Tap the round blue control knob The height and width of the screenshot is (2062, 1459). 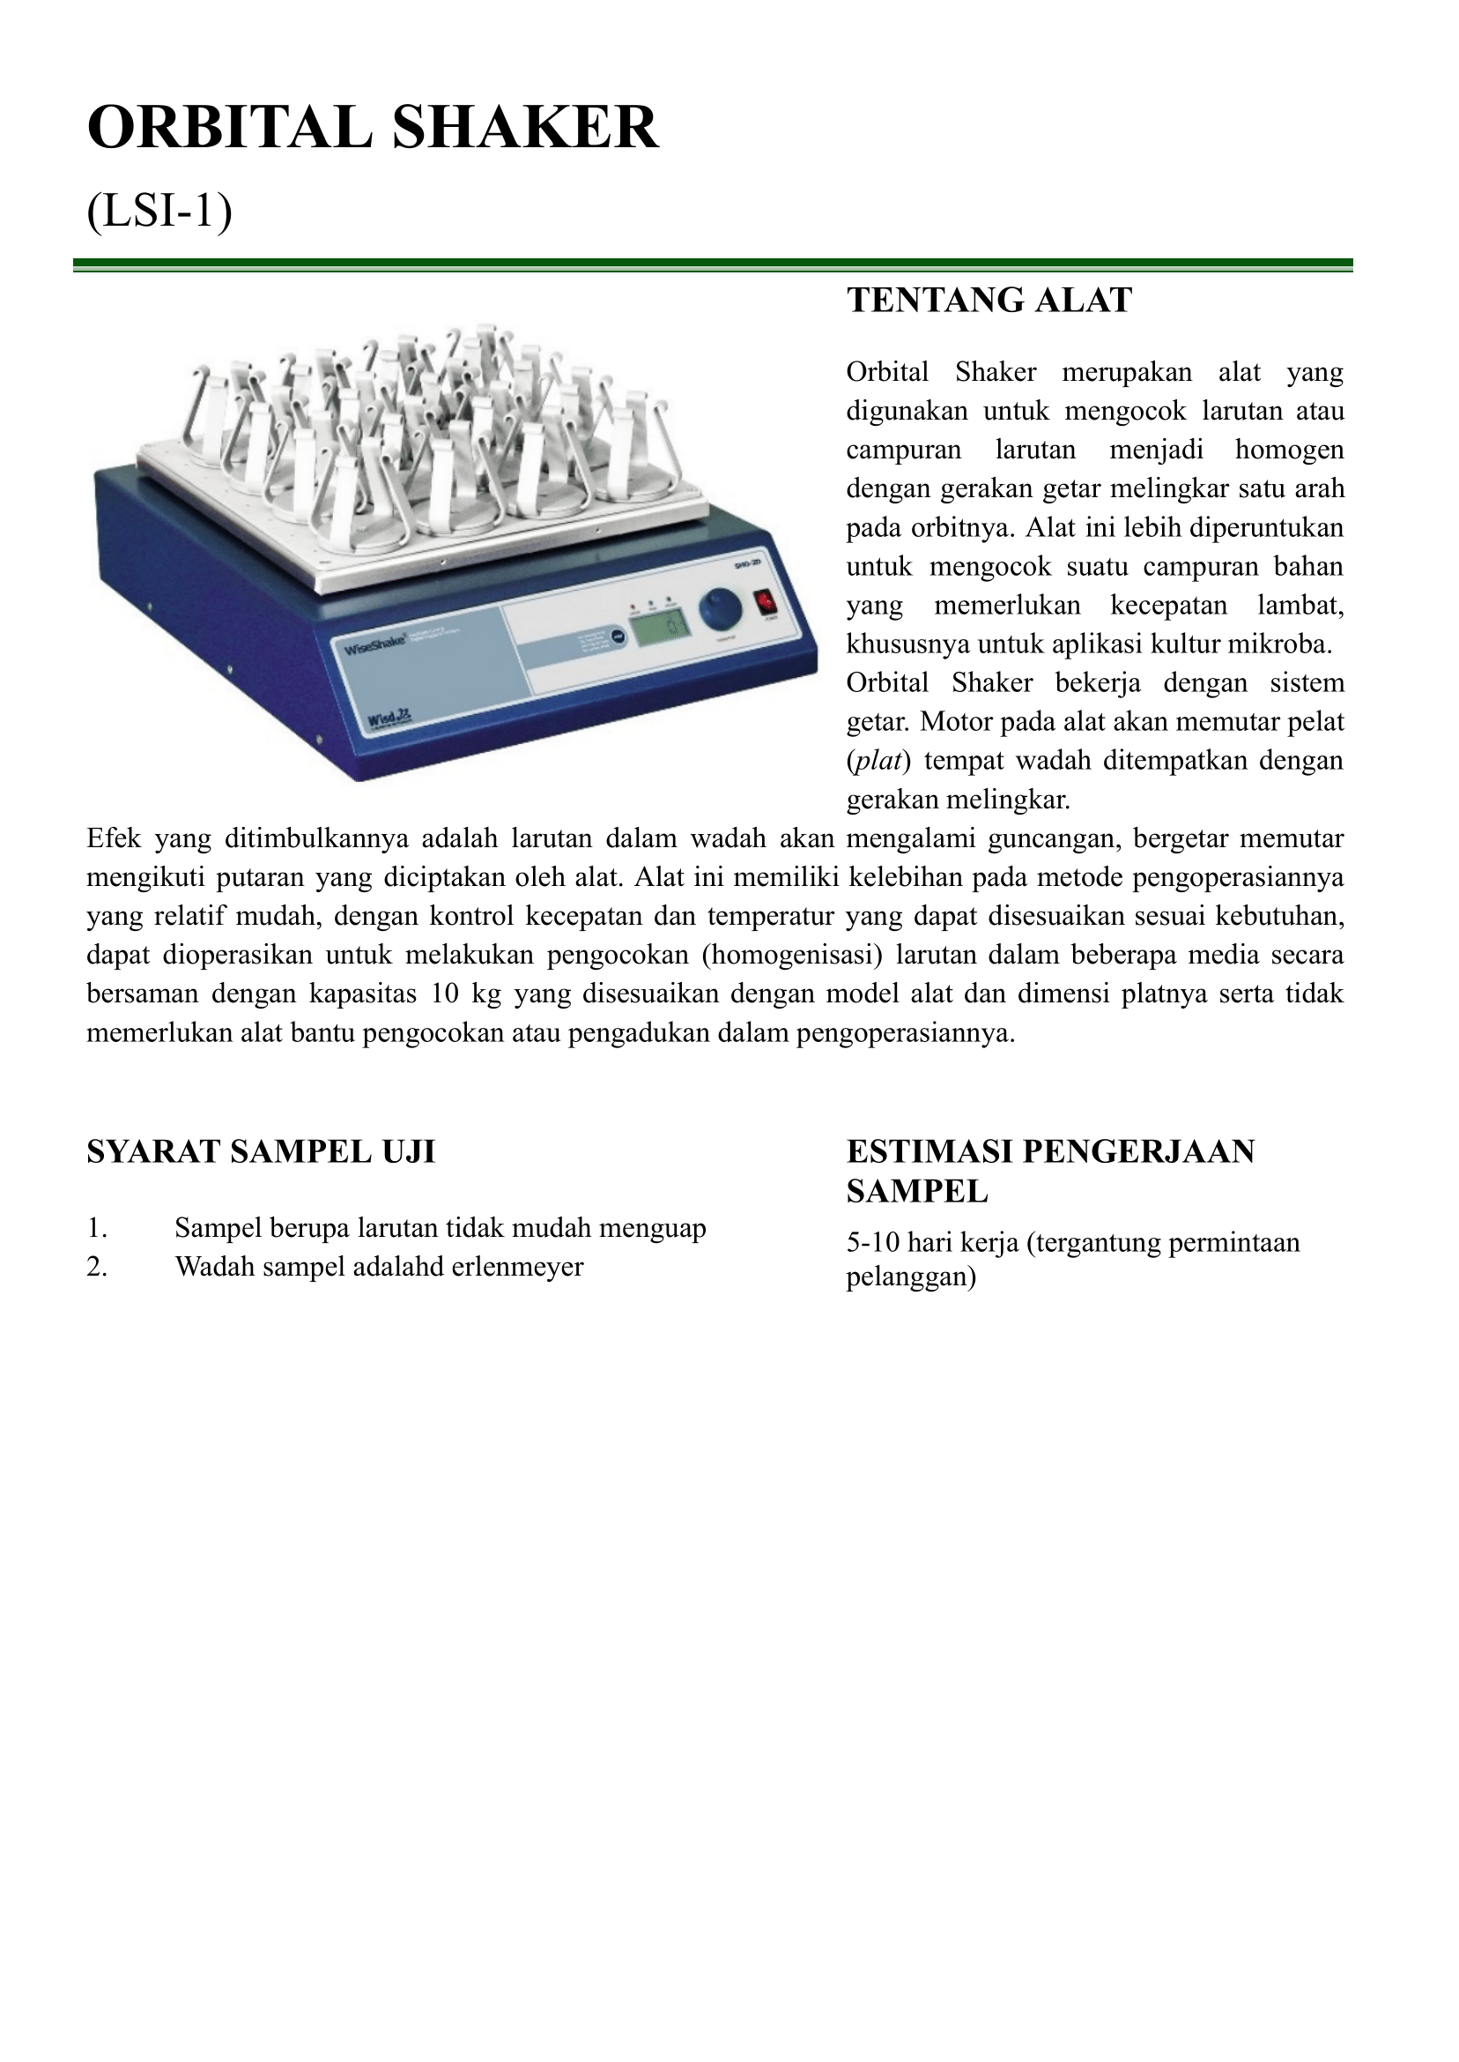click(721, 609)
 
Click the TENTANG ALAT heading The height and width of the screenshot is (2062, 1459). click(989, 301)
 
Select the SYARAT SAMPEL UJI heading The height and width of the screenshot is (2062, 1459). click(261, 1151)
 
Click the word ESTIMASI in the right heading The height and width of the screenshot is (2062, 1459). click(928, 1151)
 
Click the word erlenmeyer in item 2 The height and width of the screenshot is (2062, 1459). click(517, 1267)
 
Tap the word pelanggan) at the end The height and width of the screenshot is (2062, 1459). click(911, 1277)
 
